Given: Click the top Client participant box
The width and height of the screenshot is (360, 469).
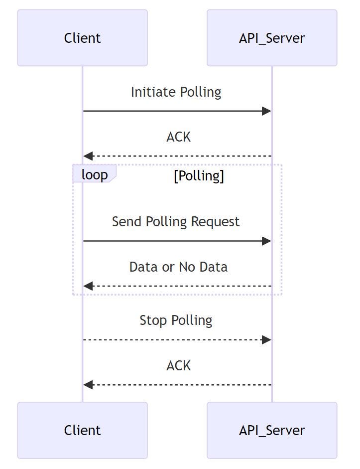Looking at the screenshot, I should pyautogui.click(x=82, y=38).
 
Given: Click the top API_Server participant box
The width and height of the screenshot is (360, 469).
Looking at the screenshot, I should pyautogui.click(x=272, y=38).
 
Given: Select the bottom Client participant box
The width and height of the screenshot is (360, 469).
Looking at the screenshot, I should pyautogui.click(x=82, y=430).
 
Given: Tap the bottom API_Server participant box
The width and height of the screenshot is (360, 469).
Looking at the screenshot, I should pyautogui.click(x=272, y=430).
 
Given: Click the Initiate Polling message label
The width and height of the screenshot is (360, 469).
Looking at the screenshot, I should pyautogui.click(x=176, y=92).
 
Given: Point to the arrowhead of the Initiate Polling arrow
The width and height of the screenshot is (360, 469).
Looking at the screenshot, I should pyautogui.click(x=267, y=111).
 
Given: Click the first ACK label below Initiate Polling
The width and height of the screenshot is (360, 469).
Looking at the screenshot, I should pyautogui.click(x=178, y=137).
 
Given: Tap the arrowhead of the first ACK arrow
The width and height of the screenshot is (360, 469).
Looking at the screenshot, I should pyautogui.click(x=88, y=156).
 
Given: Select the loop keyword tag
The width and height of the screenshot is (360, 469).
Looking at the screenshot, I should pyautogui.click(x=95, y=175).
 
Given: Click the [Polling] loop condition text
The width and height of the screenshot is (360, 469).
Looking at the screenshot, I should pyautogui.click(x=199, y=176).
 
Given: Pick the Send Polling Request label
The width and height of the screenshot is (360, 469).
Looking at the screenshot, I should pyautogui.click(x=176, y=222).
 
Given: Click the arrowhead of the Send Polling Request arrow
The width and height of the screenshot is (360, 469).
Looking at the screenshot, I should pyautogui.click(x=267, y=241).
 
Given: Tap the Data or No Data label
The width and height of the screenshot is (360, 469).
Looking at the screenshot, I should pyautogui.click(x=178, y=267).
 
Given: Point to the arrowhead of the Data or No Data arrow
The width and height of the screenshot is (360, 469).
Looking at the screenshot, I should pyautogui.click(x=88, y=286).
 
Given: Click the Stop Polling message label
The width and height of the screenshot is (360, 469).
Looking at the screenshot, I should pyautogui.click(x=176, y=320).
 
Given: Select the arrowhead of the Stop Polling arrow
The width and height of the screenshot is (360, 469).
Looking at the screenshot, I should pyautogui.click(x=267, y=340).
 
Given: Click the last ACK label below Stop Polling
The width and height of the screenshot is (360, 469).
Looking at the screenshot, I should pyautogui.click(x=178, y=366).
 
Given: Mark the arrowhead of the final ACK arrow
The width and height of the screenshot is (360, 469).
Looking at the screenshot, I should pyautogui.click(x=88, y=385).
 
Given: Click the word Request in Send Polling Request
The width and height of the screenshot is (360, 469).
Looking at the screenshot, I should pyautogui.click(x=217, y=222).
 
